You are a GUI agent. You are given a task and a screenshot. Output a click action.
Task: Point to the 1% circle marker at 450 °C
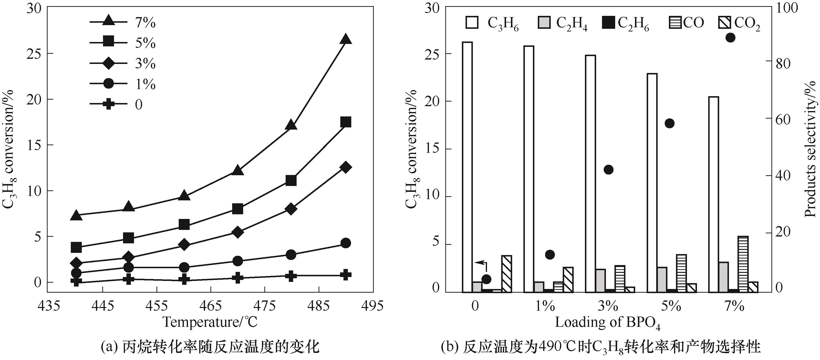click(128, 267)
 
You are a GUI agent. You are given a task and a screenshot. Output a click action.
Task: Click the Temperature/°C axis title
click(210, 322)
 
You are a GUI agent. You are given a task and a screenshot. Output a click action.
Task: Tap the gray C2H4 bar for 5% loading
click(662, 279)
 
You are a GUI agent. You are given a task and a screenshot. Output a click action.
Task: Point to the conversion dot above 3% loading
click(608, 170)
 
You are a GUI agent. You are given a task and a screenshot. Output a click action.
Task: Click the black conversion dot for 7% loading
click(730, 38)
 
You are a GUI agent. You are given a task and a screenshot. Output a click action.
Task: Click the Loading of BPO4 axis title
click(608, 323)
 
